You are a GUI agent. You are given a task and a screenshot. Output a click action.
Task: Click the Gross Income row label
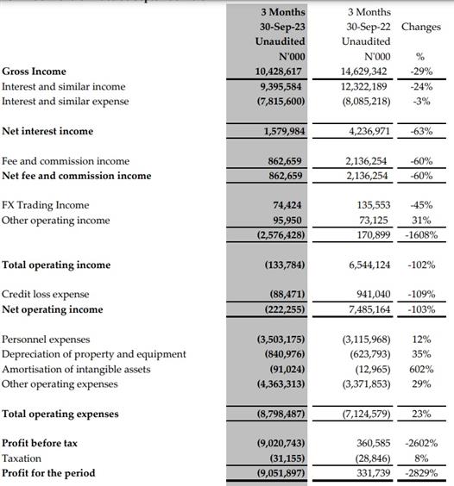click(34, 72)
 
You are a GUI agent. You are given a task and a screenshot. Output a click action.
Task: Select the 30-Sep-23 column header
click(282, 27)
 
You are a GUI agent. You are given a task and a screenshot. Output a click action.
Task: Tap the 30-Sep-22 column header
click(369, 27)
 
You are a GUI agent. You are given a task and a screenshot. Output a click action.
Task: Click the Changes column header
click(421, 27)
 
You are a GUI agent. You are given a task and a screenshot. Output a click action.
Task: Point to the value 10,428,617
click(278, 72)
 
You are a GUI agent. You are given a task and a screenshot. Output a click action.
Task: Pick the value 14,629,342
click(363, 72)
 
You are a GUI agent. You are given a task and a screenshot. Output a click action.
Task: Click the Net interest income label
click(47, 131)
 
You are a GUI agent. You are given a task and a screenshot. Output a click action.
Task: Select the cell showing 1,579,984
click(284, 131)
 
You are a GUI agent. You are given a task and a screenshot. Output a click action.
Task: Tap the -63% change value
click(421, 131)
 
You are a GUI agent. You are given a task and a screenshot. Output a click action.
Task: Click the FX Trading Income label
click(46, 205)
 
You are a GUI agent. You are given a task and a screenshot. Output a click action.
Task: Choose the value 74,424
click(287, 205)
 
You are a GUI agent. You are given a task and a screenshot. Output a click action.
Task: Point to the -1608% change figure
click(421, 235)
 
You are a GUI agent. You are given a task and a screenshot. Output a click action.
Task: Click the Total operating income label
click(56, 265)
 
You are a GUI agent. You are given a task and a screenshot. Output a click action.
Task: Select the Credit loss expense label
click(46, 294)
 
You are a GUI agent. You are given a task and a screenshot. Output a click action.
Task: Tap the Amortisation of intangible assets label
click(76, 369)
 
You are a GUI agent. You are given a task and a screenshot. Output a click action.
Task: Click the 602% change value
click(421, 369)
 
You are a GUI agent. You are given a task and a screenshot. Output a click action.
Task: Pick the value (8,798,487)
click(281, 414)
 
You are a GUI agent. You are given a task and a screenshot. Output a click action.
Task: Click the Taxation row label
click(22, 458)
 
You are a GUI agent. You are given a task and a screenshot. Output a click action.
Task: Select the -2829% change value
click(421, 473)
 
